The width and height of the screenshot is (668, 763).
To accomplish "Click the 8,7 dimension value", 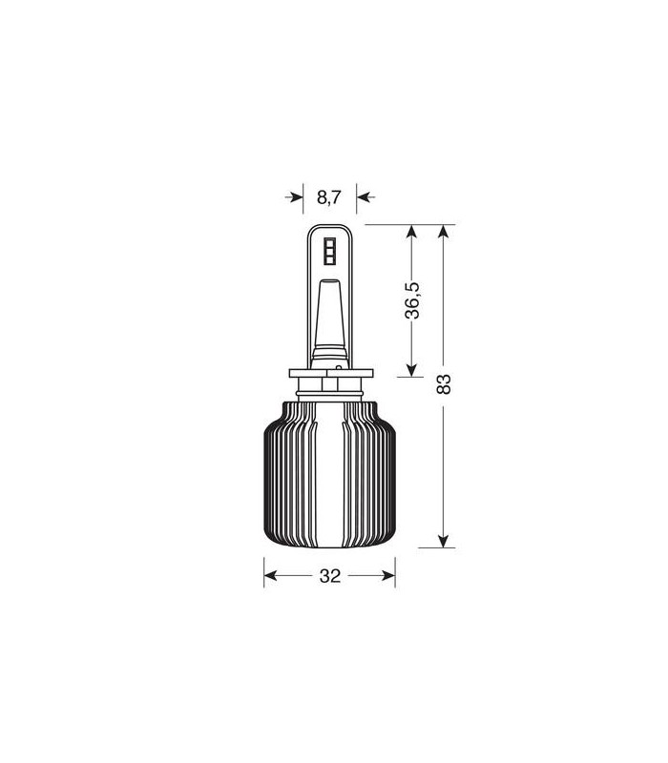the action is pyautogui.click(x=329, y=197).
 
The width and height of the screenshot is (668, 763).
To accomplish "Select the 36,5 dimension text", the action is pyautogui.click(x=412, y=300).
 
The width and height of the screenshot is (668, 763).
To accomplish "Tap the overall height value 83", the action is pyautogui.click(x=444, y=384).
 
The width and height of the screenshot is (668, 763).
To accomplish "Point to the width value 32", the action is pyautogui.click(x=330, y=576).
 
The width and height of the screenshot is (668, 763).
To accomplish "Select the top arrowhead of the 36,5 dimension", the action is pyautogui.click(x=412, y=231).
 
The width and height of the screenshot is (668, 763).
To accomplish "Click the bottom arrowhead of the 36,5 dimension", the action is pyautogui.click(x=412, y=370).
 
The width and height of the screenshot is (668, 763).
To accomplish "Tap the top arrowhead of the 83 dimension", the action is pyautogui.click(x=443, y=231).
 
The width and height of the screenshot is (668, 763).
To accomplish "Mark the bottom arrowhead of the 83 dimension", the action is pyautogui.click(x=443, y=541).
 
